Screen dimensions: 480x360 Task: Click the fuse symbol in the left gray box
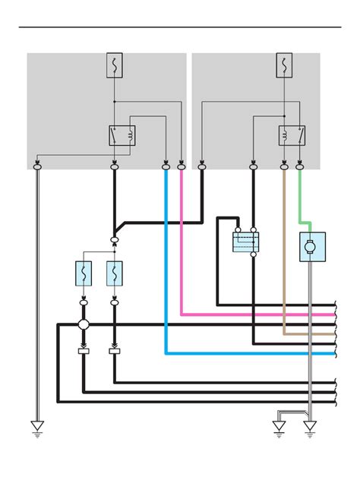pyautogui.click(x=115, y=65)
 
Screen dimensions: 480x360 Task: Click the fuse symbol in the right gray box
pyautogui.click(x=284, y=65)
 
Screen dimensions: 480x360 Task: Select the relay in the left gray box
pyautogui.click(x=122, y=136)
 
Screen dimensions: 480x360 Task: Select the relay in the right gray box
pyautogui.click(x=292, y=136)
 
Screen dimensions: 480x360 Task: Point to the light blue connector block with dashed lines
pyautogui.click(x=245, y=242)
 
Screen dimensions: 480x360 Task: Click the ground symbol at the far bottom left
pyautogui.click(x=36, y=427)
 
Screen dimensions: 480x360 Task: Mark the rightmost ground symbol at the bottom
pyautogui.click(x=310, y=427)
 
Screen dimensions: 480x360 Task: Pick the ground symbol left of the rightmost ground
pyautogui.click(x=279, y=427)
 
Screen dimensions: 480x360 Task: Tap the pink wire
pyautogui.click(x=182, y=243)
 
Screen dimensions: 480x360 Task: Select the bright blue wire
pyautogui.click(x=166, y=266)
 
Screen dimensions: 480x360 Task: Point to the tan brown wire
pyautogui.click(x=284, y=251)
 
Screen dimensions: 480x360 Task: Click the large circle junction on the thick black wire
pyautogui.click(x=84, y=325)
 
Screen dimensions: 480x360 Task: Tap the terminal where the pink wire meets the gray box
pyautogui.click(x=182, y=163)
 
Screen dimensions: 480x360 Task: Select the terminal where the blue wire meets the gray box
pyautogui.click(x=166, y=163)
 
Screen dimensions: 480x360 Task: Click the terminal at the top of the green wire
pyautogui.click(x=300, y=163)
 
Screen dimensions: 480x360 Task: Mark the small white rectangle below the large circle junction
pyautogui.click(x=84, y=352)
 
